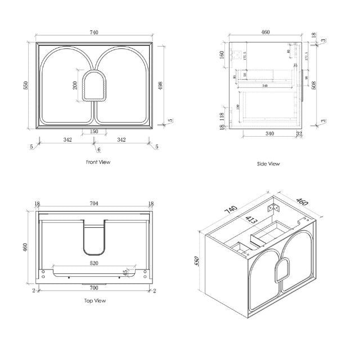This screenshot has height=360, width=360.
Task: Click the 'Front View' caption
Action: click(x=98, y=162)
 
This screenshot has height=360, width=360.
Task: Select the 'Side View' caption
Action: click(x=268, y=164)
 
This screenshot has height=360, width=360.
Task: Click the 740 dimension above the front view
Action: click(x=94, y=33)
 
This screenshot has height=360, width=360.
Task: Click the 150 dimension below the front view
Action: click(x=93, y=131)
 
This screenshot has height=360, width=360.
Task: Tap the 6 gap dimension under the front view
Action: click(x=98, y=150)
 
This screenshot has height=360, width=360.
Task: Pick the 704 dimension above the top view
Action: click(x=93, y=206)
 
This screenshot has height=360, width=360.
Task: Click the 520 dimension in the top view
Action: click(x=93, y=263)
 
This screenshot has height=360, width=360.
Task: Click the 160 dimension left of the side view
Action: click(x=222, y=55)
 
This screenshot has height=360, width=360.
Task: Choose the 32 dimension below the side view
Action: click(x=299, y=134)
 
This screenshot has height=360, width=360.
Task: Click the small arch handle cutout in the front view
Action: click(x=93, y=85)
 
